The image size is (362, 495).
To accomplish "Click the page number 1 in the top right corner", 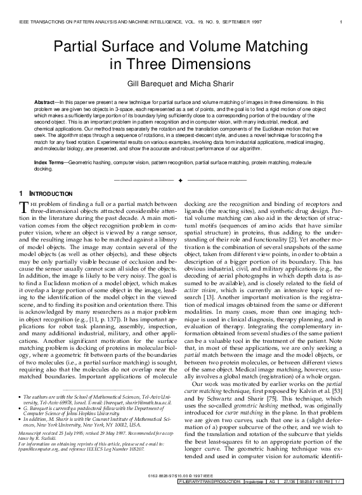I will click(342, 23).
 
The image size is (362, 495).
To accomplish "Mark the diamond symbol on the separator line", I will click(181, 180).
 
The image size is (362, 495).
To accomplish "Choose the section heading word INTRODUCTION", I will click(48, 193).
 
